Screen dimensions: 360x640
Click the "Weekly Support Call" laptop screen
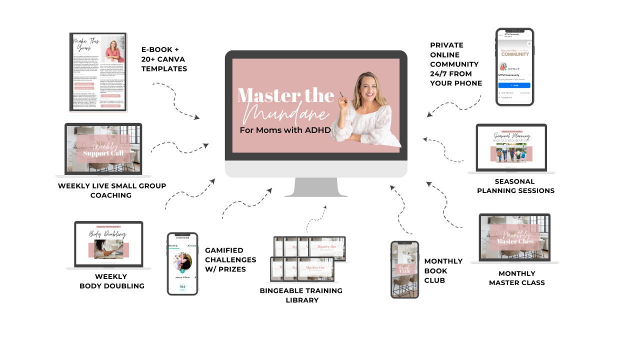(103, 148)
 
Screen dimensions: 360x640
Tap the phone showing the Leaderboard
(182, 263)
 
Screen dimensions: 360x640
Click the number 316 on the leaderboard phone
(182, 287)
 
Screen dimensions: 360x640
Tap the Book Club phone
(404, 269)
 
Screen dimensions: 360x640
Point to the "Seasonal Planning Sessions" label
(515, 186)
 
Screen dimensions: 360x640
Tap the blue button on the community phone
(514, 85)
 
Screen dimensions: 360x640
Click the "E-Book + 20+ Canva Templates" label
(164, 59)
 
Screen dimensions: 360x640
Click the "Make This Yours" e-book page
(98, 72)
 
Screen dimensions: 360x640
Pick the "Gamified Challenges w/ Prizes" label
(230, 259)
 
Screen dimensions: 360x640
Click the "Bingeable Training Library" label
(301, 295)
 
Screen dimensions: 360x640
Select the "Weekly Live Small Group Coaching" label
(111, 190)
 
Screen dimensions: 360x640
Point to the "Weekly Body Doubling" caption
(111, 281)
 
